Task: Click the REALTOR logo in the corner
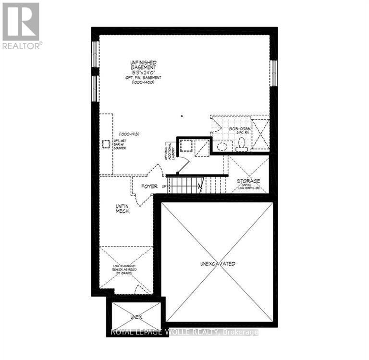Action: click(21, 25)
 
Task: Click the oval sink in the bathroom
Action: click(222, 147)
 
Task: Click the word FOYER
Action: click(149, 186)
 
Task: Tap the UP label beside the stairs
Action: click(164, 186)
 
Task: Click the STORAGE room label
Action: click(248, 181)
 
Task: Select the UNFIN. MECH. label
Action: click(123, 209)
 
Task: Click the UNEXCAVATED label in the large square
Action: click(218, 264)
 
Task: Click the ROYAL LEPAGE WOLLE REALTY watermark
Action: click(184, 332)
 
